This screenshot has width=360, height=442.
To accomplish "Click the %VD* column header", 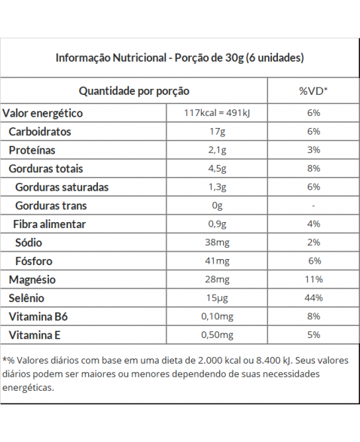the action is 313,91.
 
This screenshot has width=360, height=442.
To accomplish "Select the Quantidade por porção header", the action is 134,91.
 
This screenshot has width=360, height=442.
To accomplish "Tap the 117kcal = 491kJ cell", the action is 217,113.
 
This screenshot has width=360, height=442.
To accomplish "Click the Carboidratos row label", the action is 40,132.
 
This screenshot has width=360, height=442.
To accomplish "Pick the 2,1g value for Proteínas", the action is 217,151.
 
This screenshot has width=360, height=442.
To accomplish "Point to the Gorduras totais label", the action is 46,169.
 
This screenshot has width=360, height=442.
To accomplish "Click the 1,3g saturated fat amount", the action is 217,187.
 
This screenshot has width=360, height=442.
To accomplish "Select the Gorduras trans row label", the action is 51,206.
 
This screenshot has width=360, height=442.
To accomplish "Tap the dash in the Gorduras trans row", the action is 313,206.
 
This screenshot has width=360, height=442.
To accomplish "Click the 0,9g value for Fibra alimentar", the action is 217,224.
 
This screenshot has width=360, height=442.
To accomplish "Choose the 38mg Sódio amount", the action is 217,242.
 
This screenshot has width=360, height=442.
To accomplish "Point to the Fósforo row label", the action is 34,261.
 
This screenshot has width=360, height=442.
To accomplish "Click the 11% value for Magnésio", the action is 313,279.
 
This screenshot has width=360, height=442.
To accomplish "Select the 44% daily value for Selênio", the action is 313,298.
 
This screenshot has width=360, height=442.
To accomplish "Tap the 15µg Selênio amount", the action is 217,298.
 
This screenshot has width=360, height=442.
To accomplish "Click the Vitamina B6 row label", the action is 38,316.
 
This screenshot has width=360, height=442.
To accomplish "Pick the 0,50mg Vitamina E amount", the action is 217,335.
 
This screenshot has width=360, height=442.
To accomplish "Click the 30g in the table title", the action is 234,58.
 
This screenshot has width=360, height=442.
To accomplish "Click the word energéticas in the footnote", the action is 28,388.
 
